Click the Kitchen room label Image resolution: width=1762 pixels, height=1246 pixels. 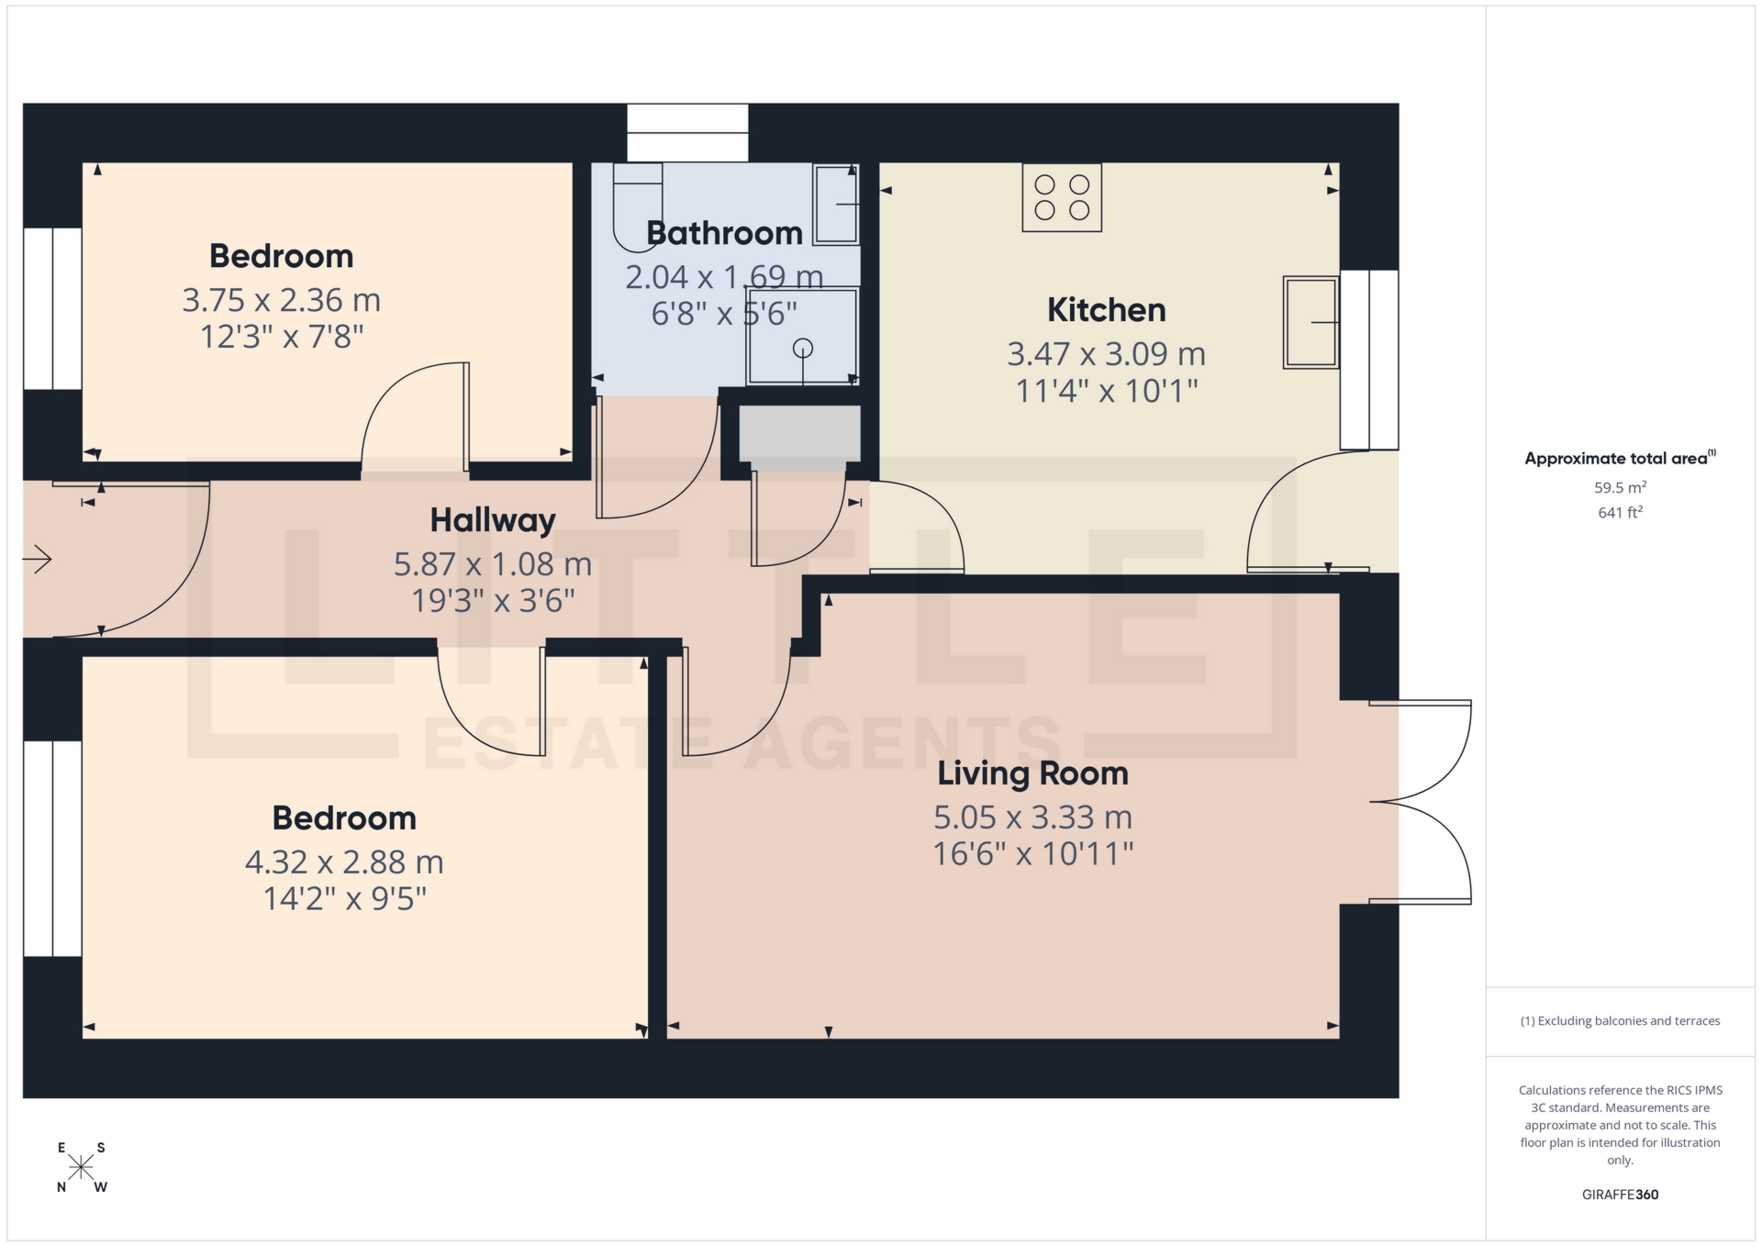coord(1106,310)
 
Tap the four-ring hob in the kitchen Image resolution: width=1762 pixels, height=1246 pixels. coord(1062,197)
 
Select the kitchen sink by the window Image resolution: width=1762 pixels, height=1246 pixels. coord(1310,322)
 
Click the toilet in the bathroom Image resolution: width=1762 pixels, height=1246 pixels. coord(638,207)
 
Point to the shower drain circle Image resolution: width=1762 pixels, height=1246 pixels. coord(803,348)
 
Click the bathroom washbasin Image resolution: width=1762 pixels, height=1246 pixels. coord(835,205)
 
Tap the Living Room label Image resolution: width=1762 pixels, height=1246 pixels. coord(1032,773)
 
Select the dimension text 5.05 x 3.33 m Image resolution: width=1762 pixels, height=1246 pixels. coord(1032,817)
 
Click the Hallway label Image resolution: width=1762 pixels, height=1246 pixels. coord(493,520)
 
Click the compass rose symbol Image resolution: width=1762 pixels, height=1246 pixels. coord(82,1167)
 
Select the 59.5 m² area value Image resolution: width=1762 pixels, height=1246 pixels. coord(1620,487)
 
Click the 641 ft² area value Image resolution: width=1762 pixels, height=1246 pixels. coord(1620,513)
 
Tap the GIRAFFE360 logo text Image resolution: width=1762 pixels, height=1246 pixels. coord(1620,1195)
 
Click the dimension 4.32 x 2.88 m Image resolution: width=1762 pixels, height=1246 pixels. coord(344,862)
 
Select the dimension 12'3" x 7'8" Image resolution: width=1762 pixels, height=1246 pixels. coord(282,337)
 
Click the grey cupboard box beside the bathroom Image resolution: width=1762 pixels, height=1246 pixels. coord(799,434)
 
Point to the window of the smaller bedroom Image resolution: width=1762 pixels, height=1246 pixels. coord(52,308)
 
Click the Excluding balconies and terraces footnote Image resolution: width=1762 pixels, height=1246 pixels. coord(1620,1021)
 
